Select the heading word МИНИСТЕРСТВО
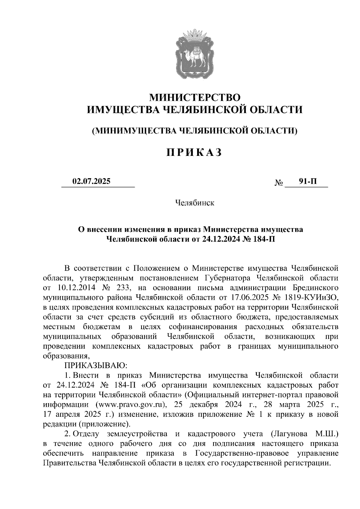pos(195,97)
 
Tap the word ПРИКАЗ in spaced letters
pos(195,152)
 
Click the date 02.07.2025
pos(91,181)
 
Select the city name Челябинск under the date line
pos(195,203)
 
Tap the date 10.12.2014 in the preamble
pos(76,287)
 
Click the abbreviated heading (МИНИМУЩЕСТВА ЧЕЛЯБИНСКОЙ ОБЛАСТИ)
pos(195,130)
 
